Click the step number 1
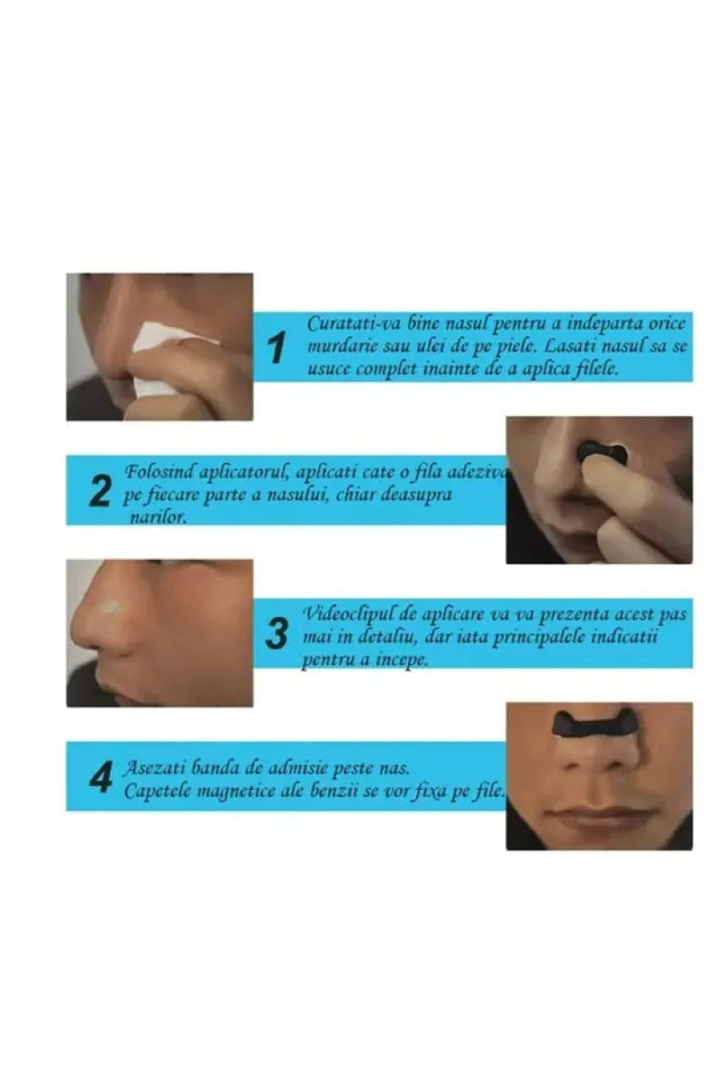click(276, 348)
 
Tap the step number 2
click(101, 492)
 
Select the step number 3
click(276, 633)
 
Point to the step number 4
click(101, 777)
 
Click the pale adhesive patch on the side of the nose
click(111, 606)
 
